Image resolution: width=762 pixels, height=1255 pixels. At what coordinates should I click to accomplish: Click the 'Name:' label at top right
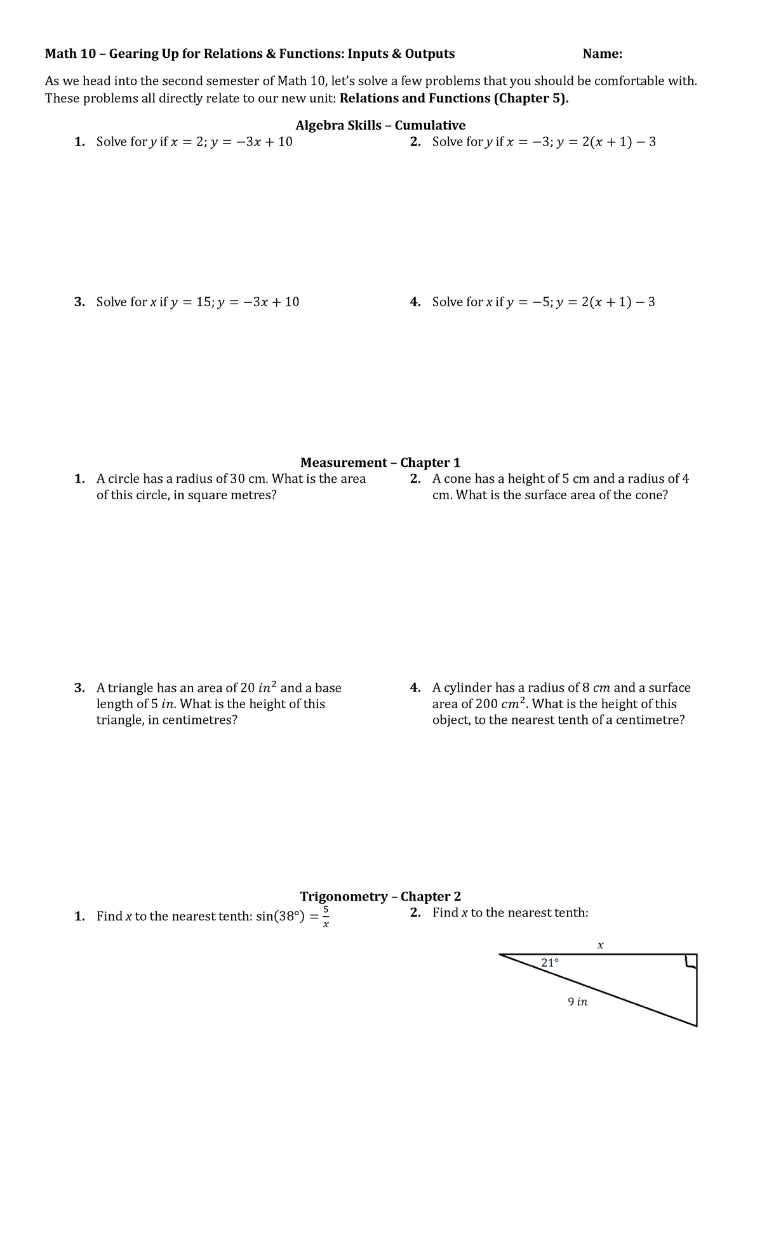click(x=602, y=54)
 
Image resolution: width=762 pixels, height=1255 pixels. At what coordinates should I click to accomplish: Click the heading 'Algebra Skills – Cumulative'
click(x=380, y=125)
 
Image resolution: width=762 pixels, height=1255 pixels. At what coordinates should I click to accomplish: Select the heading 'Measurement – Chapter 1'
click(x=380, y=462)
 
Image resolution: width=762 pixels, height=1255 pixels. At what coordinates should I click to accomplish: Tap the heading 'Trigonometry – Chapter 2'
click(x=380, y=896)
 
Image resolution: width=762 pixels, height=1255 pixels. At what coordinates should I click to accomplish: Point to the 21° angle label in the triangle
click(x=550, y=962)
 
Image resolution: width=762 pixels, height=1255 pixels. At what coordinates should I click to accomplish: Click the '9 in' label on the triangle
click(x=577, y=1002)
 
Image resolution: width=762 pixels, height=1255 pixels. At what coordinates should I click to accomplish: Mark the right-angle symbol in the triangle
click(x=690, y=962)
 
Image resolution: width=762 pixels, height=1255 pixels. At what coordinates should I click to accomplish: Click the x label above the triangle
click(x=600, y=945)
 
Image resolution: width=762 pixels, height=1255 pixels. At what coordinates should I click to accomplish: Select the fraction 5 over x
click(x=326, y=916)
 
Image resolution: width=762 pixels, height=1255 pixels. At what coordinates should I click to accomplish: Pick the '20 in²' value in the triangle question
click(x=258, y=687)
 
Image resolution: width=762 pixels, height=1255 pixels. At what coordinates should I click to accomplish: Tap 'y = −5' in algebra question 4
click(x=529, y=302)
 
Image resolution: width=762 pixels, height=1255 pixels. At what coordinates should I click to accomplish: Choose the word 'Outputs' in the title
click(x=430, y=54)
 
